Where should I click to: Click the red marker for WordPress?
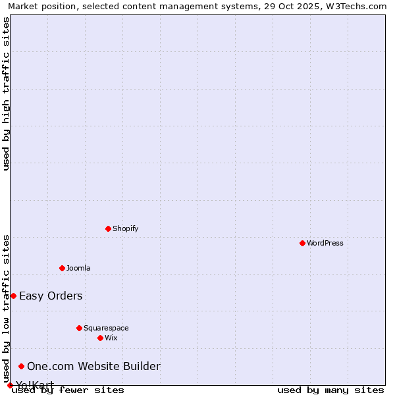pos(302,243)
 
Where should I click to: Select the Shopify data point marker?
pos(108,228)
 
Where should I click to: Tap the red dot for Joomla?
pos(62,268)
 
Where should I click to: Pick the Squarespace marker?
pos(79,328)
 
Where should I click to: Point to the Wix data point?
pos(100,338)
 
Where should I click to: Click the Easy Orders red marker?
pos(13,296)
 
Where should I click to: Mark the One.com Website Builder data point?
pos(22,366)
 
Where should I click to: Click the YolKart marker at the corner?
pos(10,385)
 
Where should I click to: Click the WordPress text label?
pos(325,243)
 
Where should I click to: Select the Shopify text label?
pos(125,228)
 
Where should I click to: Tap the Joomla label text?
pos(78,268)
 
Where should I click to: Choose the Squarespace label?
pos(106,328)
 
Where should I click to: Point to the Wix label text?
pos(111,338)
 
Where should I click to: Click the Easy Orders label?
pos(51,296)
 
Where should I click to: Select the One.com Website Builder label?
pos(93,366)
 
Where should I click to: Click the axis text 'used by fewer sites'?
pos(68,390)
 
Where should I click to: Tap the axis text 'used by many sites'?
pos(330,390)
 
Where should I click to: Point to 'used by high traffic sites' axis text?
pos(6,93)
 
